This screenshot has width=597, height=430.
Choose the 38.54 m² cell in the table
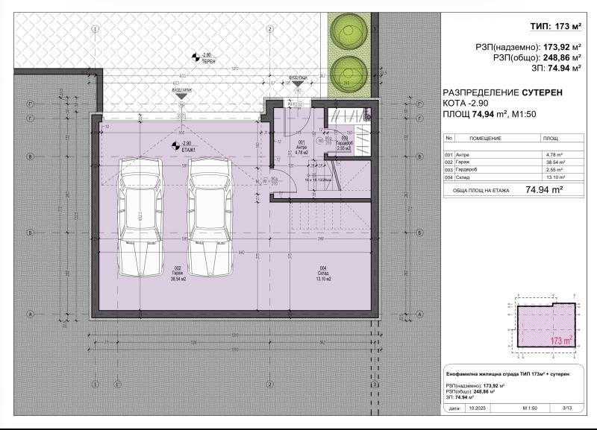coord(553,162)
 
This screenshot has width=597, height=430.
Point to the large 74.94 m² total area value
coord(544,190)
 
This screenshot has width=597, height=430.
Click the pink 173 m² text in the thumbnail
coord(560,341)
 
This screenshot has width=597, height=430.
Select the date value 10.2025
coord(476,408)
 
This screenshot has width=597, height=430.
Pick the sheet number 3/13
coord(566,408)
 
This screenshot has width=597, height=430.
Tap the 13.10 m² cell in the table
coord(553,177)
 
